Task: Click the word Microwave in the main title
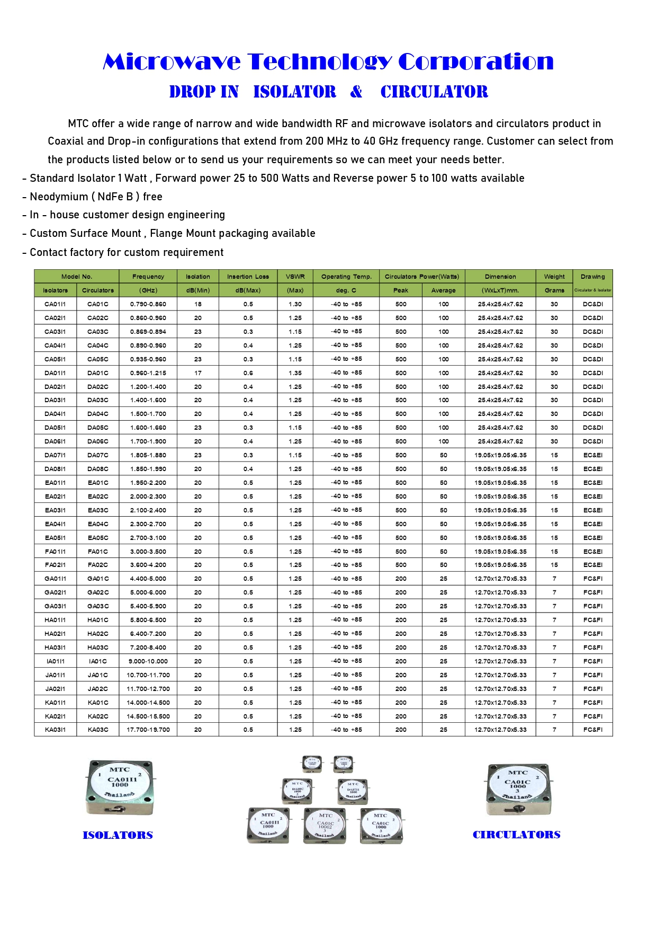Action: [172, 62]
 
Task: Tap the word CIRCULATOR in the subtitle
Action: [434, 92]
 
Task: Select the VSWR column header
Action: [295, 277]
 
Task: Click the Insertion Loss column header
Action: [248, 277]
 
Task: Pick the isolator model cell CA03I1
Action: [55, 332]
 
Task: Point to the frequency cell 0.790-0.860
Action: [148, 304]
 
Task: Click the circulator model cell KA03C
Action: [98, 730]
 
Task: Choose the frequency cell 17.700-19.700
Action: [148, 730]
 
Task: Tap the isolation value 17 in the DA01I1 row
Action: [198, 373]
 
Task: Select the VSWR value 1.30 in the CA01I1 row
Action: [295, 304]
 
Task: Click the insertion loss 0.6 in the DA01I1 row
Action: [248, 373]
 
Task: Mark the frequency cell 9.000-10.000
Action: [148, 661]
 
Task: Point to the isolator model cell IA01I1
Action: [55, 661]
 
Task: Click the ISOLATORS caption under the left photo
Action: [118, 836]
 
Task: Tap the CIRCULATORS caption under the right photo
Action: [516, 835]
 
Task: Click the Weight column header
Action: [554, 277]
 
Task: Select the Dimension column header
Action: [500, 277]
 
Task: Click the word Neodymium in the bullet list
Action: [59, 197]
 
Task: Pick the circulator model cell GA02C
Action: [98, 592]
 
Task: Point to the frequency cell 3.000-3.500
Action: [148, 552]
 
